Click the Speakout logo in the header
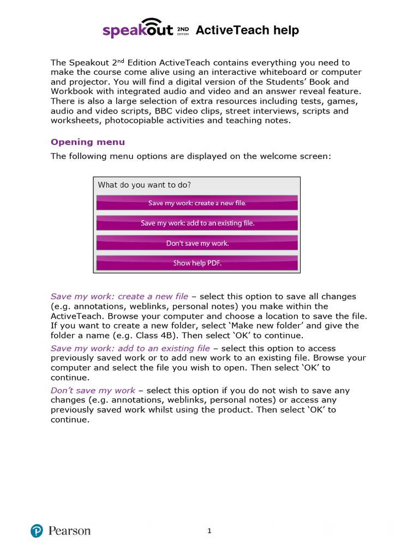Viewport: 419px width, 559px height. click(139, 30)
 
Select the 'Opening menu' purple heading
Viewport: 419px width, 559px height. click(87, 142)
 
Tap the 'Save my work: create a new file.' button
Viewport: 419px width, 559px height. click(197, 203)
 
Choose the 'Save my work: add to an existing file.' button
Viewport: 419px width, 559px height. click(197, 223)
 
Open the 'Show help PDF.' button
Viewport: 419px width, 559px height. click(197, 263)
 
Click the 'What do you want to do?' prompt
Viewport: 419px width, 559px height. click(144, 185)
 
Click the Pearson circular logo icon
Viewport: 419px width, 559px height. click(37, 531)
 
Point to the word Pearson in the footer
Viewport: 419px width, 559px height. click(69, 531)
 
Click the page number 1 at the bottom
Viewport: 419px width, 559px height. click(209, 531)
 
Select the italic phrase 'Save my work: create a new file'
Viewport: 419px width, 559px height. click(119, 296)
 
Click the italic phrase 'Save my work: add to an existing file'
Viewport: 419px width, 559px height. click(130, 348)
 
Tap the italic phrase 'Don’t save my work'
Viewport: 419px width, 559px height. click(93, 390)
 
